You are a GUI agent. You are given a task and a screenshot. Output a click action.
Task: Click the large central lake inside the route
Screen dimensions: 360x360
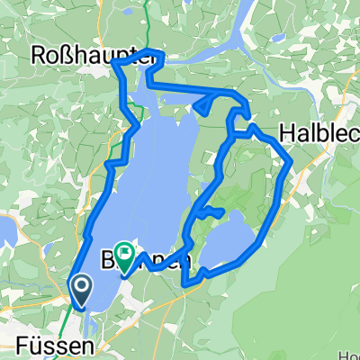(162, 162)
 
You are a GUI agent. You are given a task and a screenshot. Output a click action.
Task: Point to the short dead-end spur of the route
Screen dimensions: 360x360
(212, 211)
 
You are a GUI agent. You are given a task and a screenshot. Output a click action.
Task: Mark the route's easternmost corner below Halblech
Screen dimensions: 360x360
(292, 162)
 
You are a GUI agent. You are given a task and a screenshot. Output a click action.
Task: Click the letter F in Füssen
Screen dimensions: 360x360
(22, 344)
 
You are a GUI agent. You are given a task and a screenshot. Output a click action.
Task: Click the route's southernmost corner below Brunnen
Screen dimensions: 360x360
(184, 284)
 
